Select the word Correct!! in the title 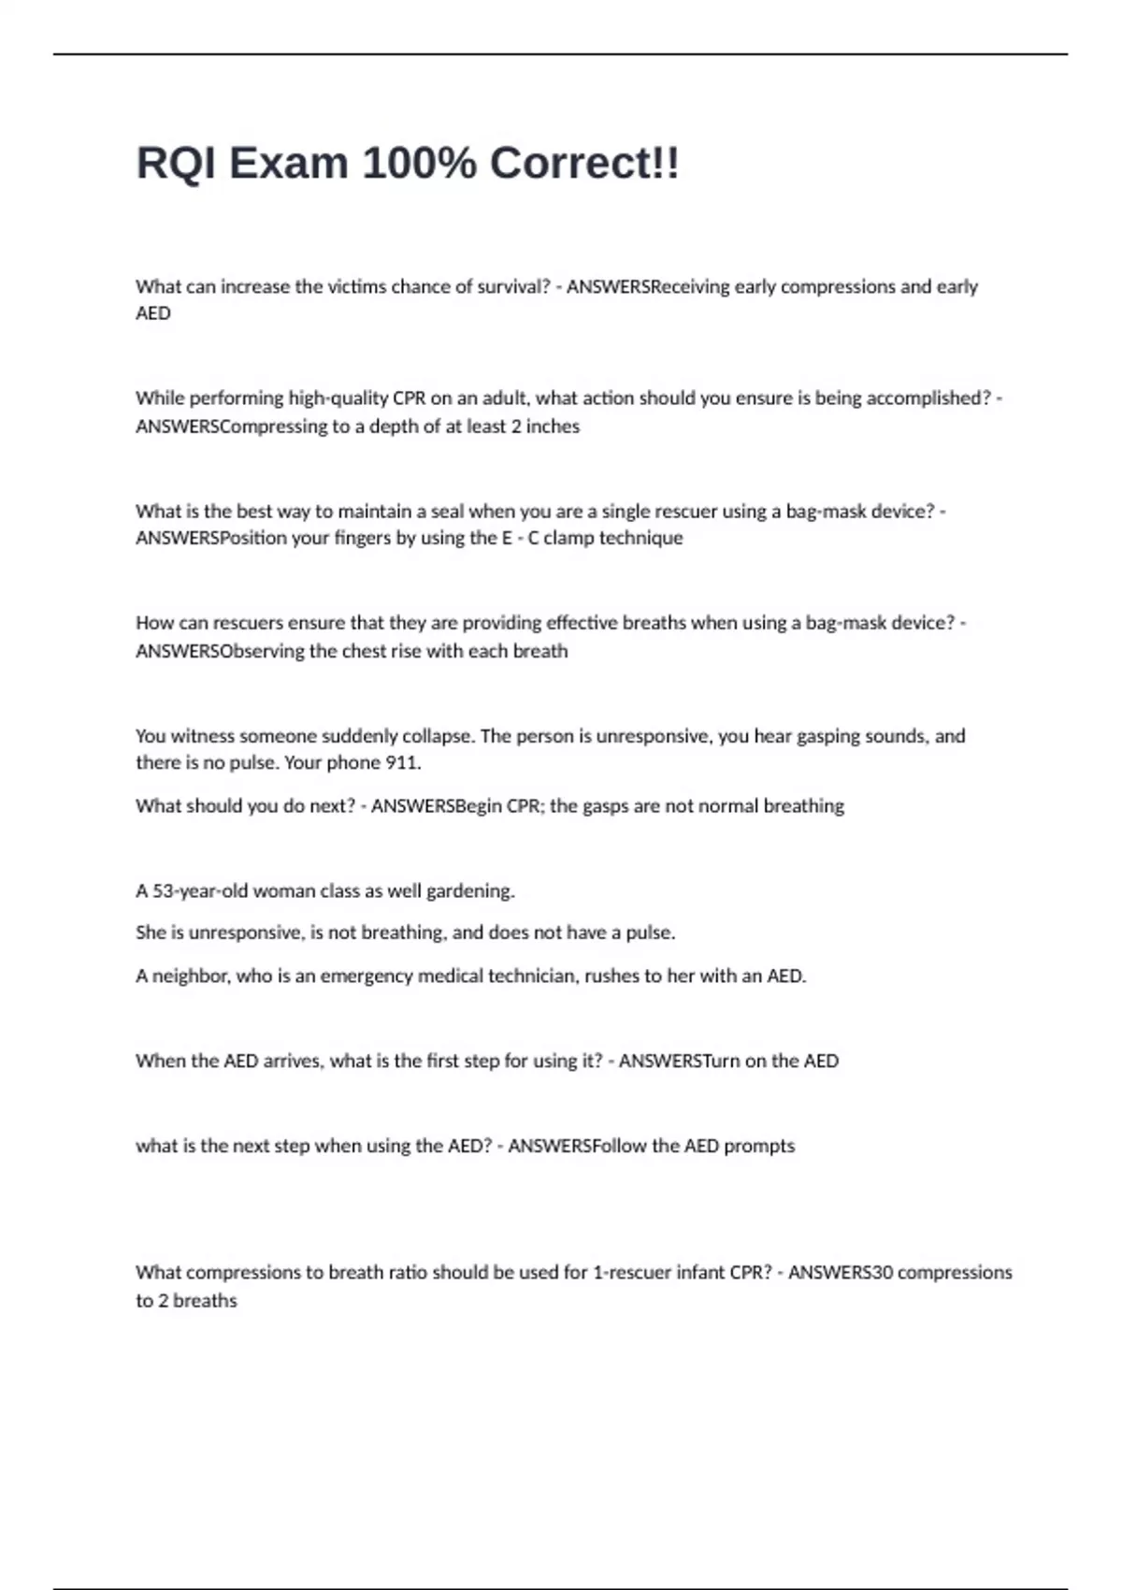click(584, 164)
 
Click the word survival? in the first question click(513, 287)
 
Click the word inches click(553, 426)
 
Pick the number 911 click(403, 763)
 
